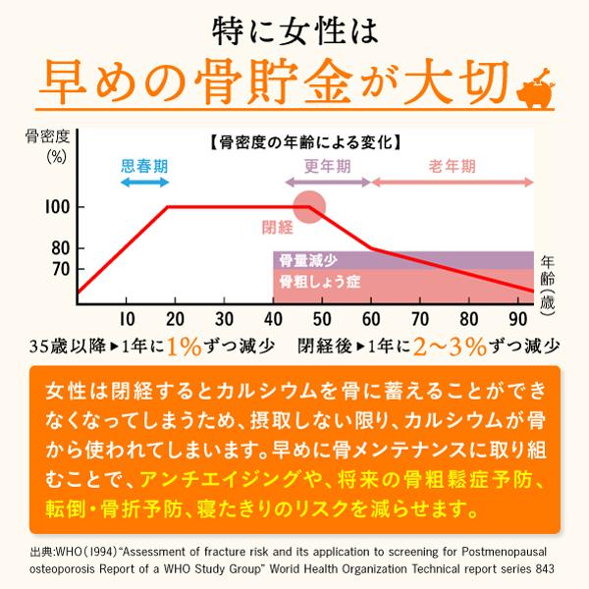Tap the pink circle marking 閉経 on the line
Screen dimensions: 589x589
click(x=310, y=207)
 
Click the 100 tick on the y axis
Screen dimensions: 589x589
click(x=61, y=208)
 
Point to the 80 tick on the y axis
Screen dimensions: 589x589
click(x=61, y=247)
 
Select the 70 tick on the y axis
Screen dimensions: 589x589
click(x=61, y=268)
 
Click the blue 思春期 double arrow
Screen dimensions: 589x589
click(x=142, y=183)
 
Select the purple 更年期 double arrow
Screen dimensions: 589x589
click(x=328, y=183)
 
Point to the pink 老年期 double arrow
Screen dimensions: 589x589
click(x=453, y=183)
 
